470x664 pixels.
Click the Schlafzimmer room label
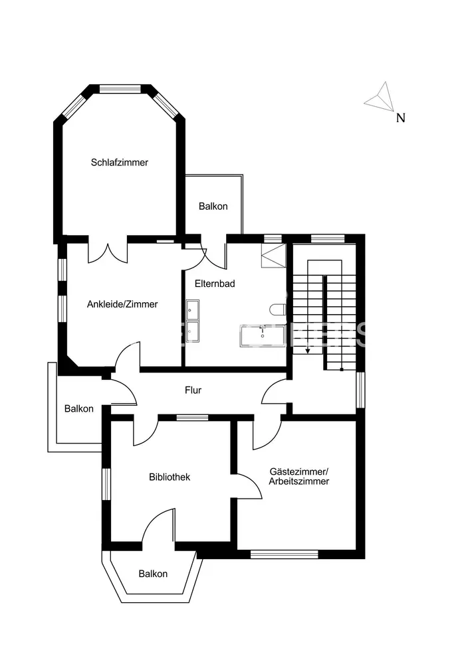tap(120, 162)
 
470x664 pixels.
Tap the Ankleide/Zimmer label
tap(122, 304)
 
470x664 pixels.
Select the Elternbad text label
tap(215, 284)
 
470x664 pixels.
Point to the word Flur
tap(193, 390)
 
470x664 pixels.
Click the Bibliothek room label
tap(170, 477)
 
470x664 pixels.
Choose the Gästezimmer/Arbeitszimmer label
tap(298, 477)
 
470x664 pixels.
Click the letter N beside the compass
tap(400, 119)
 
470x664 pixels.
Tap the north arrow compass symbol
tap(380, 98)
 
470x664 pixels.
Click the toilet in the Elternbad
tap(279, 309)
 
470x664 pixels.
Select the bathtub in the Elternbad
tap(263, 336)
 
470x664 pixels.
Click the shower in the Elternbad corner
tap(273, 255)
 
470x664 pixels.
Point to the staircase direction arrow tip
tap(307, 351)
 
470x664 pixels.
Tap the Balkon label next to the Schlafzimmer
tap(213, 207)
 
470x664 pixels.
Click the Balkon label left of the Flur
tap(78, 409)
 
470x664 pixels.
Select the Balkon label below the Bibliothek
tap(153, 574)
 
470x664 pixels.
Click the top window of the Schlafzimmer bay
tap(120, 88)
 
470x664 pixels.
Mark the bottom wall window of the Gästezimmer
tap(284, 554)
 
